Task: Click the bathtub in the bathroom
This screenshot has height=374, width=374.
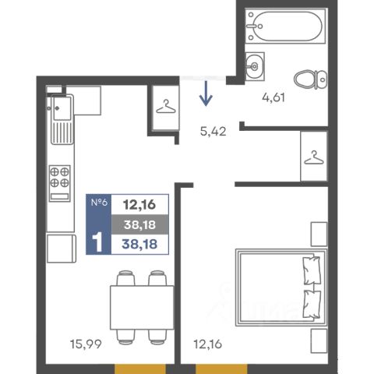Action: [285, 26]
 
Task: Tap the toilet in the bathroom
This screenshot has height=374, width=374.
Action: [310, 79]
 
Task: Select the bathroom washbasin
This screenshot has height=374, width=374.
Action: [255, 66]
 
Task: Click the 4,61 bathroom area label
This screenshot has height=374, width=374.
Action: [273, 97]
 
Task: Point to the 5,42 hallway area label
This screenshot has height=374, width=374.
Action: [213, 131]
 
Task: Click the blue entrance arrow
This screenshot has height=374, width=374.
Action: [206, 93]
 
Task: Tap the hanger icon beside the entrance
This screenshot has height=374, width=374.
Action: [166, 107]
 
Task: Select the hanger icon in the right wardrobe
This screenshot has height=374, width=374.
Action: [314, 157]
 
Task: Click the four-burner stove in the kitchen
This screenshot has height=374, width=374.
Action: [59, 183]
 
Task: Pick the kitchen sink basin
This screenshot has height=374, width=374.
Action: [62, 108]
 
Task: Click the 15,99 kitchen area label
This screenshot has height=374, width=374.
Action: [86, 344]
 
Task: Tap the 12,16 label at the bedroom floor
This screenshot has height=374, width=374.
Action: [208, 344]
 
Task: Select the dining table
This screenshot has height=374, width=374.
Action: [142, 308]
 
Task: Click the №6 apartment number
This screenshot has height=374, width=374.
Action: [99, 202]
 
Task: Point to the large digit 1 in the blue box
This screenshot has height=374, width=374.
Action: [97, 242]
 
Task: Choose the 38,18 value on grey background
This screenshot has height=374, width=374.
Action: [139, 224]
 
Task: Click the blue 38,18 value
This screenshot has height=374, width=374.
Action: [139, 244]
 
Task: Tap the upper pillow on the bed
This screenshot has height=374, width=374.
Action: [312, 270]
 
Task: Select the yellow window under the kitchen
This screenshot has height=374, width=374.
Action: [140, 369]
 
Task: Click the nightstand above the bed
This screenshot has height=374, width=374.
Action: [319, 234]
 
